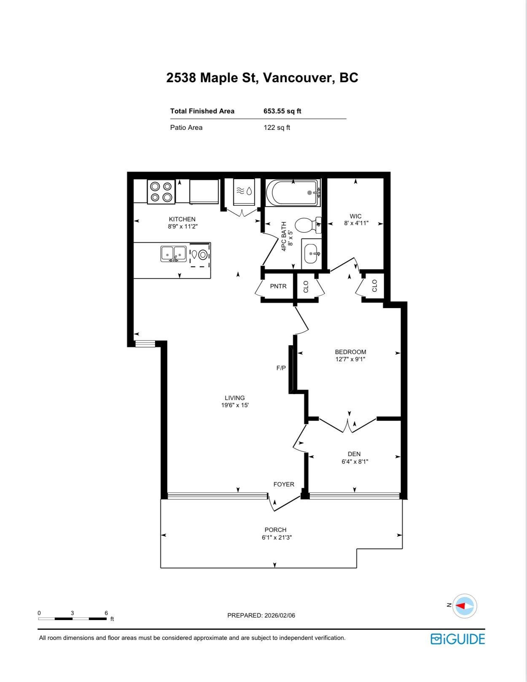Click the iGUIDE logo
[457, 639]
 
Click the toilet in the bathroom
[307, 225]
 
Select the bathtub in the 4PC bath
[293, 193]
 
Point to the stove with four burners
[161, 192]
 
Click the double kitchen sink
[174, 254]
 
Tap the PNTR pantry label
[278, 286]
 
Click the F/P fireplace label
[281, 368]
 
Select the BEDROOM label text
[350, 352]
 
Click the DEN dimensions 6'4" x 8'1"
[355, 462]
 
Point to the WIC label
[355, 216]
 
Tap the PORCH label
[275, 530]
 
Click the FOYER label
[284, 484]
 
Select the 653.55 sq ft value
[282, 111]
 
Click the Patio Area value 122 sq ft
[277, 128]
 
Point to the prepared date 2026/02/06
[280, 615]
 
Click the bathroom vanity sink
[311, 253]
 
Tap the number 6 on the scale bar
[106, 613]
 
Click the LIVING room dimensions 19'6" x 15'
[235, 405]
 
